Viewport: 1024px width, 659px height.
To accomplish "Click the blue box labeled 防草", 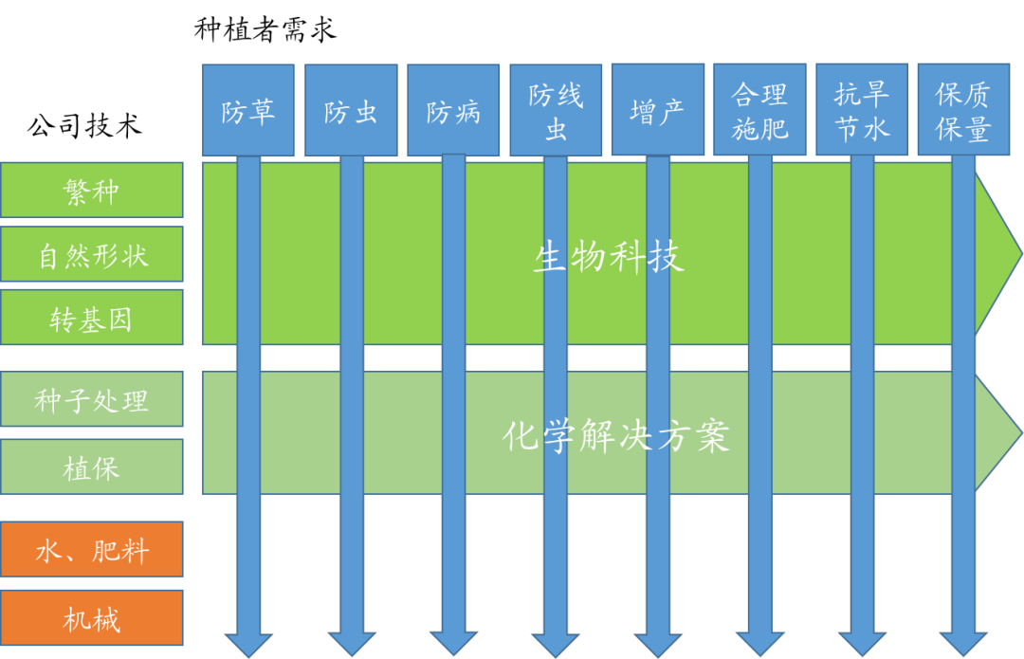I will tap(248, 110).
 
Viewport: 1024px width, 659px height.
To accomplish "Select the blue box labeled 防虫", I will tap(351, 110).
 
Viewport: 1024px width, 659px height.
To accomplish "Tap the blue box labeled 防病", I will tap(453, 110).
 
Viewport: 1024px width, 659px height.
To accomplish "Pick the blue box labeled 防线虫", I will tap(556, 110).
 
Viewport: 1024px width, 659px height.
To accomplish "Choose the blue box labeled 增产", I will tap(657, 110).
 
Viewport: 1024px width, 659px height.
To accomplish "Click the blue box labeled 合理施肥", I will tap(759, 110).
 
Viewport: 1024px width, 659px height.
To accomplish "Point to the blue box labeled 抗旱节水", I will tap(862, 110).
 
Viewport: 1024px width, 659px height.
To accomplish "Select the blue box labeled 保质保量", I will tap(963, 110).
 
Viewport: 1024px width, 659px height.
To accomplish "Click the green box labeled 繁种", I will tap(92, 191).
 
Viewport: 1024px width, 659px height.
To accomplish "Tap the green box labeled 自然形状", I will tap(92, 254).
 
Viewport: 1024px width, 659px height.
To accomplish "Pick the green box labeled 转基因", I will tap(92, 318).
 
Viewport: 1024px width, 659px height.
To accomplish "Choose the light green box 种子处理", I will tap(92, 399).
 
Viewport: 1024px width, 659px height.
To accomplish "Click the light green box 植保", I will tap(92, 467).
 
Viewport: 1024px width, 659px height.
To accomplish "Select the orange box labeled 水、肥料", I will tap(92, 549).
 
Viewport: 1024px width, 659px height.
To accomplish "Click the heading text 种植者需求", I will tap(265, 29).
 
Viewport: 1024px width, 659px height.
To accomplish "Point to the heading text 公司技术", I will tap(84, 125).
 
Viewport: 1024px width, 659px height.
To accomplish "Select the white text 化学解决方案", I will tap(615, 435).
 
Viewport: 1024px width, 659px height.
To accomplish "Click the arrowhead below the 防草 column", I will tap(248, 642).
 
